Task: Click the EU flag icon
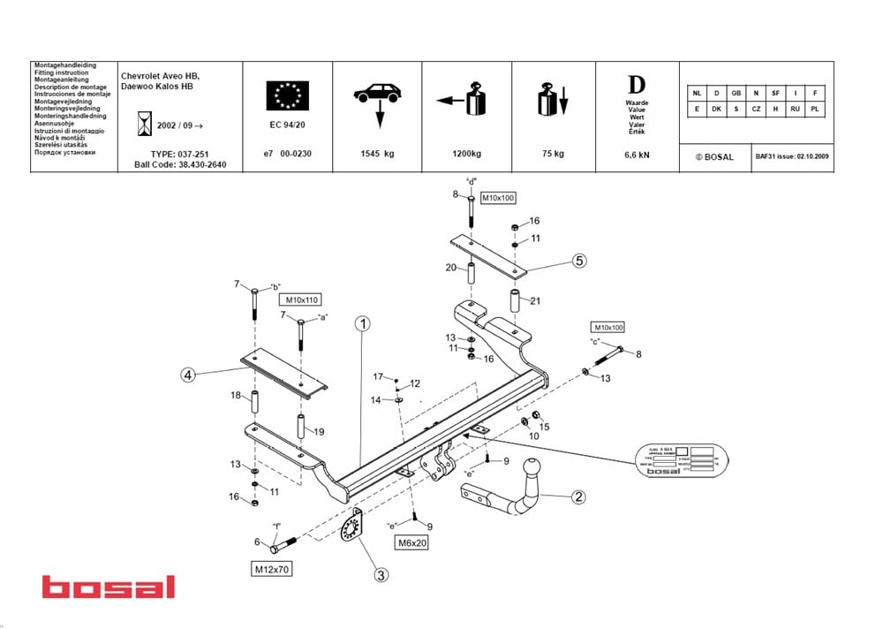click(x=288, y=95)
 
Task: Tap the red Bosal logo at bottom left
click(x=109, y=587)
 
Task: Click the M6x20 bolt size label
click(x=411, y=543)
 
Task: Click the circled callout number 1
click(x=362, y=323)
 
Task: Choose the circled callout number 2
click(x=578, y=497)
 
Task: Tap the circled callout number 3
click(x=381, y=575)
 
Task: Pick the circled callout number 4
click(x=187, y=375)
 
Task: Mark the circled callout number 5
click(x=578, y=261)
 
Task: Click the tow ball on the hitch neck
click(x=533, y=469)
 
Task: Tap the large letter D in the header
click(x=636, y=85)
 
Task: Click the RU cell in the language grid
click(x=796, y=108)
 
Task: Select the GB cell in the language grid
click(x=736, y=93)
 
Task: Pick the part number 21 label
click(x=535, y=300)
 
